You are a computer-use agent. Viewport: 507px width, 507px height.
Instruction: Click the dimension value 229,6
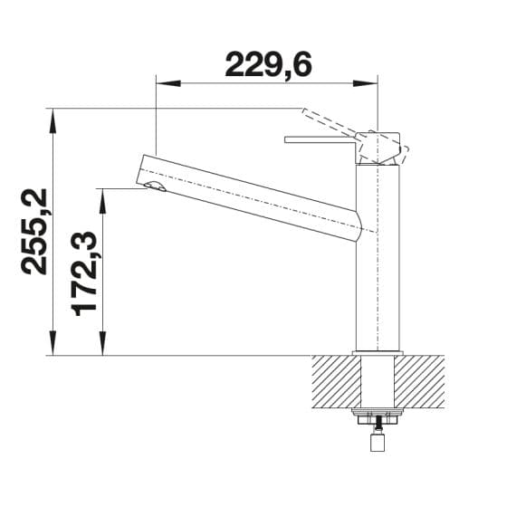[268, 64]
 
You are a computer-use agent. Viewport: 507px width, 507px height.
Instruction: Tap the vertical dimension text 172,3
[85, 272]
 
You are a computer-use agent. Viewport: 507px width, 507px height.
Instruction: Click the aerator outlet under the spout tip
[153, 187]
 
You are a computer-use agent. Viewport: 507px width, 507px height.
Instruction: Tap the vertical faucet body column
[378, 263]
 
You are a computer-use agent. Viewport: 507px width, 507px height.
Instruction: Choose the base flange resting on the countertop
[378, 351]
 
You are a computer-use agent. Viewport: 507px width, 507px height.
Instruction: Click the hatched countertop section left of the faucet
[335, 380]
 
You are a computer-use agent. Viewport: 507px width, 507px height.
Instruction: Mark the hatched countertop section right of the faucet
[420, 380]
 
